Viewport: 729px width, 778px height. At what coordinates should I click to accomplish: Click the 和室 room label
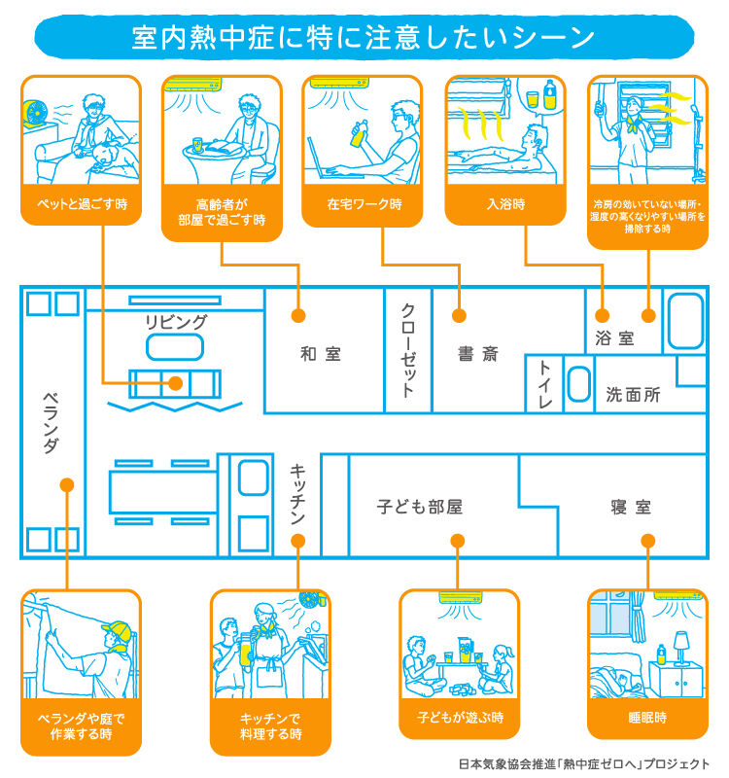(x=321, y=354)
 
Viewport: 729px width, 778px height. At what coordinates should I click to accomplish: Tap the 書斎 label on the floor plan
(x=478, y=354)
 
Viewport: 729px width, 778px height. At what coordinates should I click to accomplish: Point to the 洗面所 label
(x=634, y=395)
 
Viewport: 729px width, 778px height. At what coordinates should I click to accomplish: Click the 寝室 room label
(x=631, y=507)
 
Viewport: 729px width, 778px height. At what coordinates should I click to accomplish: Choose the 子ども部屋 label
(x=420, y=507)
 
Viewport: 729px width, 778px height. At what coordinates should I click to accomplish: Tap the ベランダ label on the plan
(x=52, y=423)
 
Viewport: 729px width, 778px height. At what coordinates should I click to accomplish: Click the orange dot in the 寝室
(x=648, y=541)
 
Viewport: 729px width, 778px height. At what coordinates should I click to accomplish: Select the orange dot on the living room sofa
(x=176, y=383)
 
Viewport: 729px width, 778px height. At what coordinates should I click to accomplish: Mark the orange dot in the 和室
(x=298, y=315)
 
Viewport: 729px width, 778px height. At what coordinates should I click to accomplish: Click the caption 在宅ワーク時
(x=364, y=204)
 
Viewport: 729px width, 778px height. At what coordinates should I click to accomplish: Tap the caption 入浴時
(x=505, y=204)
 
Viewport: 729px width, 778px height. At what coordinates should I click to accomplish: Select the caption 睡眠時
(x=647, y=718)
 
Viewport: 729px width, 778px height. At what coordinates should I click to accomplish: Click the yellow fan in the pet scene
(x=36, y=113)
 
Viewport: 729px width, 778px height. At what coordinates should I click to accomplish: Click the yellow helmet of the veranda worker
(x=118, y=631)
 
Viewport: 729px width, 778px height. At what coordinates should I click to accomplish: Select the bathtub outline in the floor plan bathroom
(x=685, y=321)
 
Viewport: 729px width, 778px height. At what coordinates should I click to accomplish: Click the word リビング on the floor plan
(x=176, y=322)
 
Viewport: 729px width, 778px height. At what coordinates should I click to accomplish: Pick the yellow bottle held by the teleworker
(x=358, y=134)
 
